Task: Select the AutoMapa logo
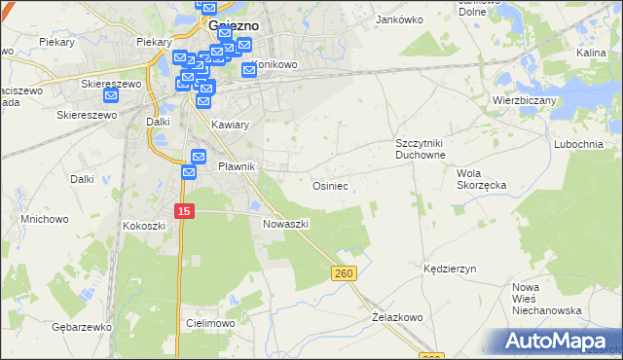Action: (x=554, y=341)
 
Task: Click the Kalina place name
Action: (x=592, y=53)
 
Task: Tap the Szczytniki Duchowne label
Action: (x=420, y=149)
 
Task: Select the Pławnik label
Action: (x=236, y=166)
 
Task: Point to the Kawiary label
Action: (x=231, y=125)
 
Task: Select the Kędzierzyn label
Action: (x=449, y=269)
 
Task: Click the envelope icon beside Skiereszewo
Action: (x=110, y=95)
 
